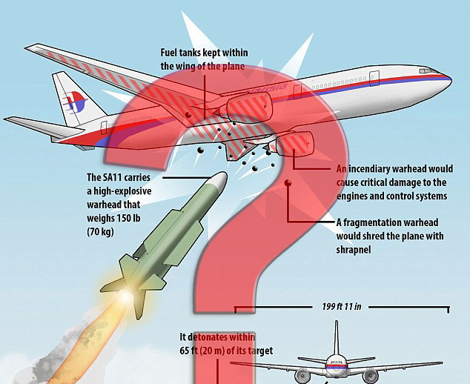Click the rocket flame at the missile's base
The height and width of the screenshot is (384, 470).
pos(125,291)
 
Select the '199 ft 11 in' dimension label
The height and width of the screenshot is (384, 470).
pos(342,305)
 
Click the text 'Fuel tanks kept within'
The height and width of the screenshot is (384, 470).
pos(205,53)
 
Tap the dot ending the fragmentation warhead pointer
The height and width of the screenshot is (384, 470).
pos(288,182)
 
